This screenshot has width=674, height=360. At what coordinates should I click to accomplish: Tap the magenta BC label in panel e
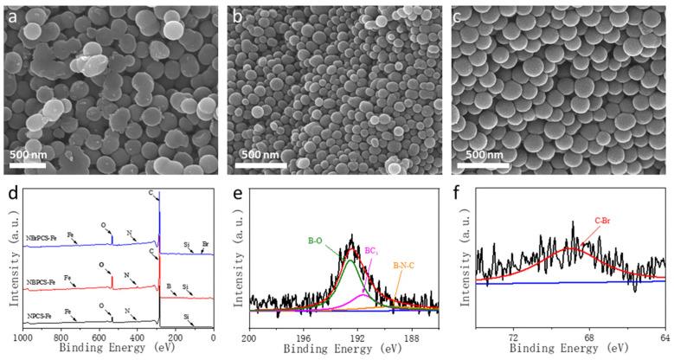(370, 248)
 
